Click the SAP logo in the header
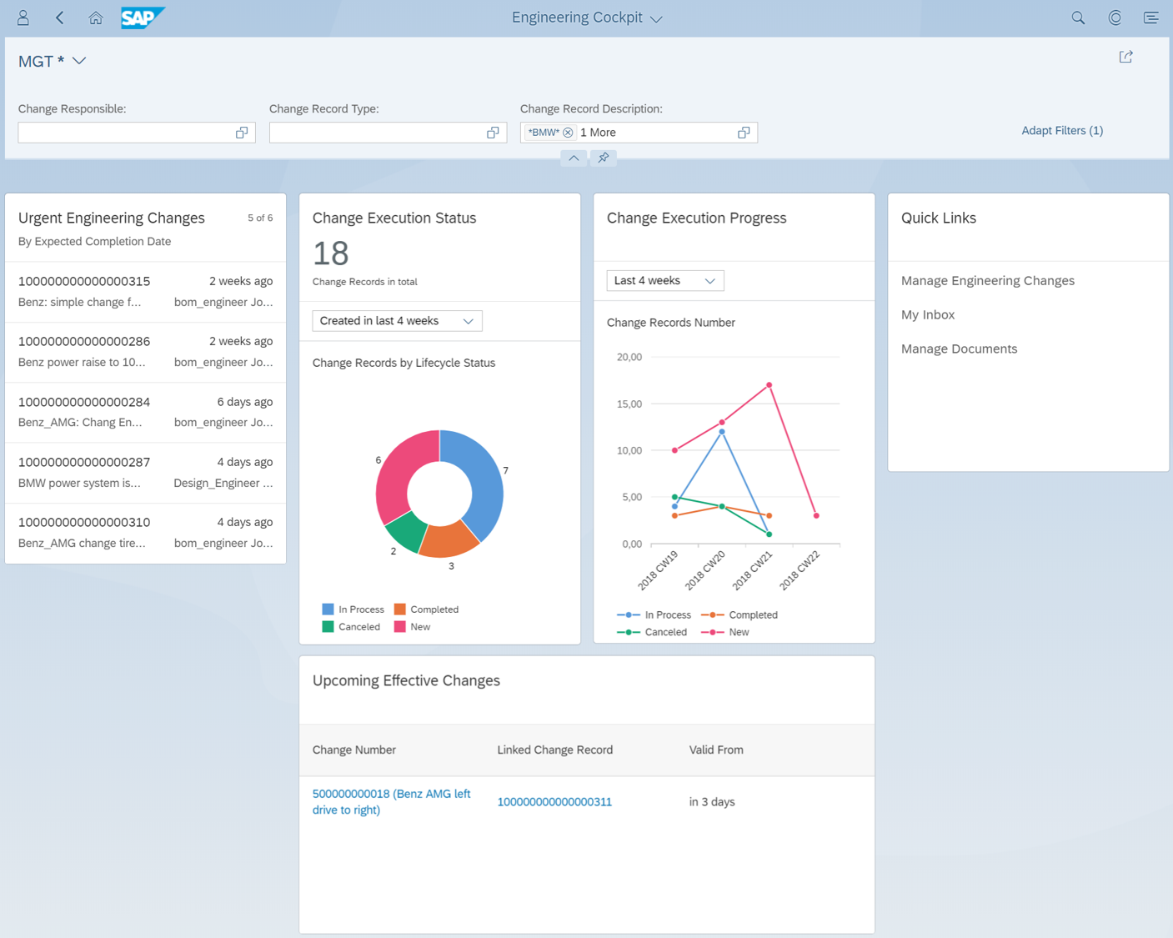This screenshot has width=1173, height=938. click(143, 18)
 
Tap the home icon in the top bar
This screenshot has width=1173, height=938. click(95, 18)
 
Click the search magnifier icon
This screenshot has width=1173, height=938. click(1078, 18)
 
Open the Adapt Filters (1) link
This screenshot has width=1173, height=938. click(1062, 131)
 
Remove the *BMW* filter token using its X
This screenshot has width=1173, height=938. click(568, 133)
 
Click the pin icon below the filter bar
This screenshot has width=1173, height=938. click(604, 158)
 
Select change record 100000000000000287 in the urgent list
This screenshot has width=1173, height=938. click(84, 462)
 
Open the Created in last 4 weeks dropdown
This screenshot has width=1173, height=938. click(397, 321)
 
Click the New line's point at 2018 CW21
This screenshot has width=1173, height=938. click(769, 385)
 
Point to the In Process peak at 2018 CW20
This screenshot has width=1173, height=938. click(722, 431)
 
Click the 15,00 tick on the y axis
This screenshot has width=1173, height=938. click(629, 404)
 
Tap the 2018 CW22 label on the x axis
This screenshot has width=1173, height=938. click(799, 570)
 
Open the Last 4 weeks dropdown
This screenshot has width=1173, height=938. click(665, 281)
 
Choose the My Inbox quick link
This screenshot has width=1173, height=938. click(928, 314)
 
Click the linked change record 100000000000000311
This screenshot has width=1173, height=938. click(554, 801)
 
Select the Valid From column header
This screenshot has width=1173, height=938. click(715, 750)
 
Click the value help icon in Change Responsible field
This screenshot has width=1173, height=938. click(242, 133)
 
